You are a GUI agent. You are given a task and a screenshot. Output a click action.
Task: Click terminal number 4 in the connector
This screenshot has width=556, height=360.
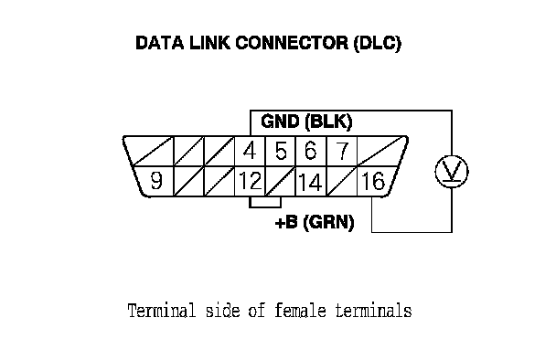click(x=250, y=151)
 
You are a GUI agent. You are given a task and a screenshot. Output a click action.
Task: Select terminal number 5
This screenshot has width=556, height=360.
click(x=281, y=151)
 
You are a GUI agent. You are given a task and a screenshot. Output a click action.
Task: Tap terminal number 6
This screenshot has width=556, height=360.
click(x=311, y=151)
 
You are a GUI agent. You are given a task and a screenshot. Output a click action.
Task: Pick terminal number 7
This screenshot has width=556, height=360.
click(x=342, y=151)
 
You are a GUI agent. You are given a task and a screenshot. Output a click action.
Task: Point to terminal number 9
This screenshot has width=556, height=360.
click(x=156, y=180)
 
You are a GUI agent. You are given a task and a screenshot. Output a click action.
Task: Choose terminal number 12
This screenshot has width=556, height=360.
click(x=251, y=181)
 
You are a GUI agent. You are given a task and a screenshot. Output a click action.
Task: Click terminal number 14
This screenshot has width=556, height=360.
click(x=311, y=182)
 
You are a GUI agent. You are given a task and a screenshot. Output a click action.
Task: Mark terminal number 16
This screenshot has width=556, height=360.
click(x=373, y=181)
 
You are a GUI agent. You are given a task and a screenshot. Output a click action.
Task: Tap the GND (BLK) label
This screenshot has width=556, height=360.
click(x=306, y=122)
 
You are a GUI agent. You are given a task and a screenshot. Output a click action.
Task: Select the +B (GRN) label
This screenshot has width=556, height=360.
click(x=315, y=223)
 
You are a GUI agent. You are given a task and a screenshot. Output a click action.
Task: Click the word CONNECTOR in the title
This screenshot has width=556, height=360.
click(x=293, y=43)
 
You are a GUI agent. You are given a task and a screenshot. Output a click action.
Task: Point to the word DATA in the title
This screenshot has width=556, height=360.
click(x=160, y=43)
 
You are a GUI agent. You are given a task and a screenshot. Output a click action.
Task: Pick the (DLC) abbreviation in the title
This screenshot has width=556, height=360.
click(x=378, y=43)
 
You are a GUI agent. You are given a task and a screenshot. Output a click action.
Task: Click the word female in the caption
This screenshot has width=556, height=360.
click(x=300, y=311)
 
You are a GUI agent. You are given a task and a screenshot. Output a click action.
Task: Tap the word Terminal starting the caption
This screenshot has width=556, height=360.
click(x=162, y=311)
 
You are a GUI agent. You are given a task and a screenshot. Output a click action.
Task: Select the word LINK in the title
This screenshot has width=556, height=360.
click(x=210, y=43)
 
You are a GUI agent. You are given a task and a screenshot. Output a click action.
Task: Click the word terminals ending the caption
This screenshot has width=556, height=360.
click(x=374, y=311)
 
